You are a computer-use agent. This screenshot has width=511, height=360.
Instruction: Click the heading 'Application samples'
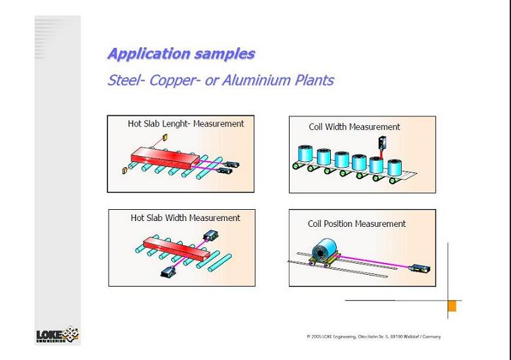(181, 54)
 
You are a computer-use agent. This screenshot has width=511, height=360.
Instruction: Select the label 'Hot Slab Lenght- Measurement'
(185, 123)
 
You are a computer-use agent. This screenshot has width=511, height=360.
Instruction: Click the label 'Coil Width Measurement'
(354, 127)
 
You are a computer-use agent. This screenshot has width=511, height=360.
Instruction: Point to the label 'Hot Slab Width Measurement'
(185, 218)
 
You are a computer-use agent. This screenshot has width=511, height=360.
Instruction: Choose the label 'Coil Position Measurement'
(357, 224)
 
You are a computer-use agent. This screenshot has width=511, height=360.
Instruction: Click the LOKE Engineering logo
(58, 336)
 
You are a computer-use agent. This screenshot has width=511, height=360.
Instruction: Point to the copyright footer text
(373, 337)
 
